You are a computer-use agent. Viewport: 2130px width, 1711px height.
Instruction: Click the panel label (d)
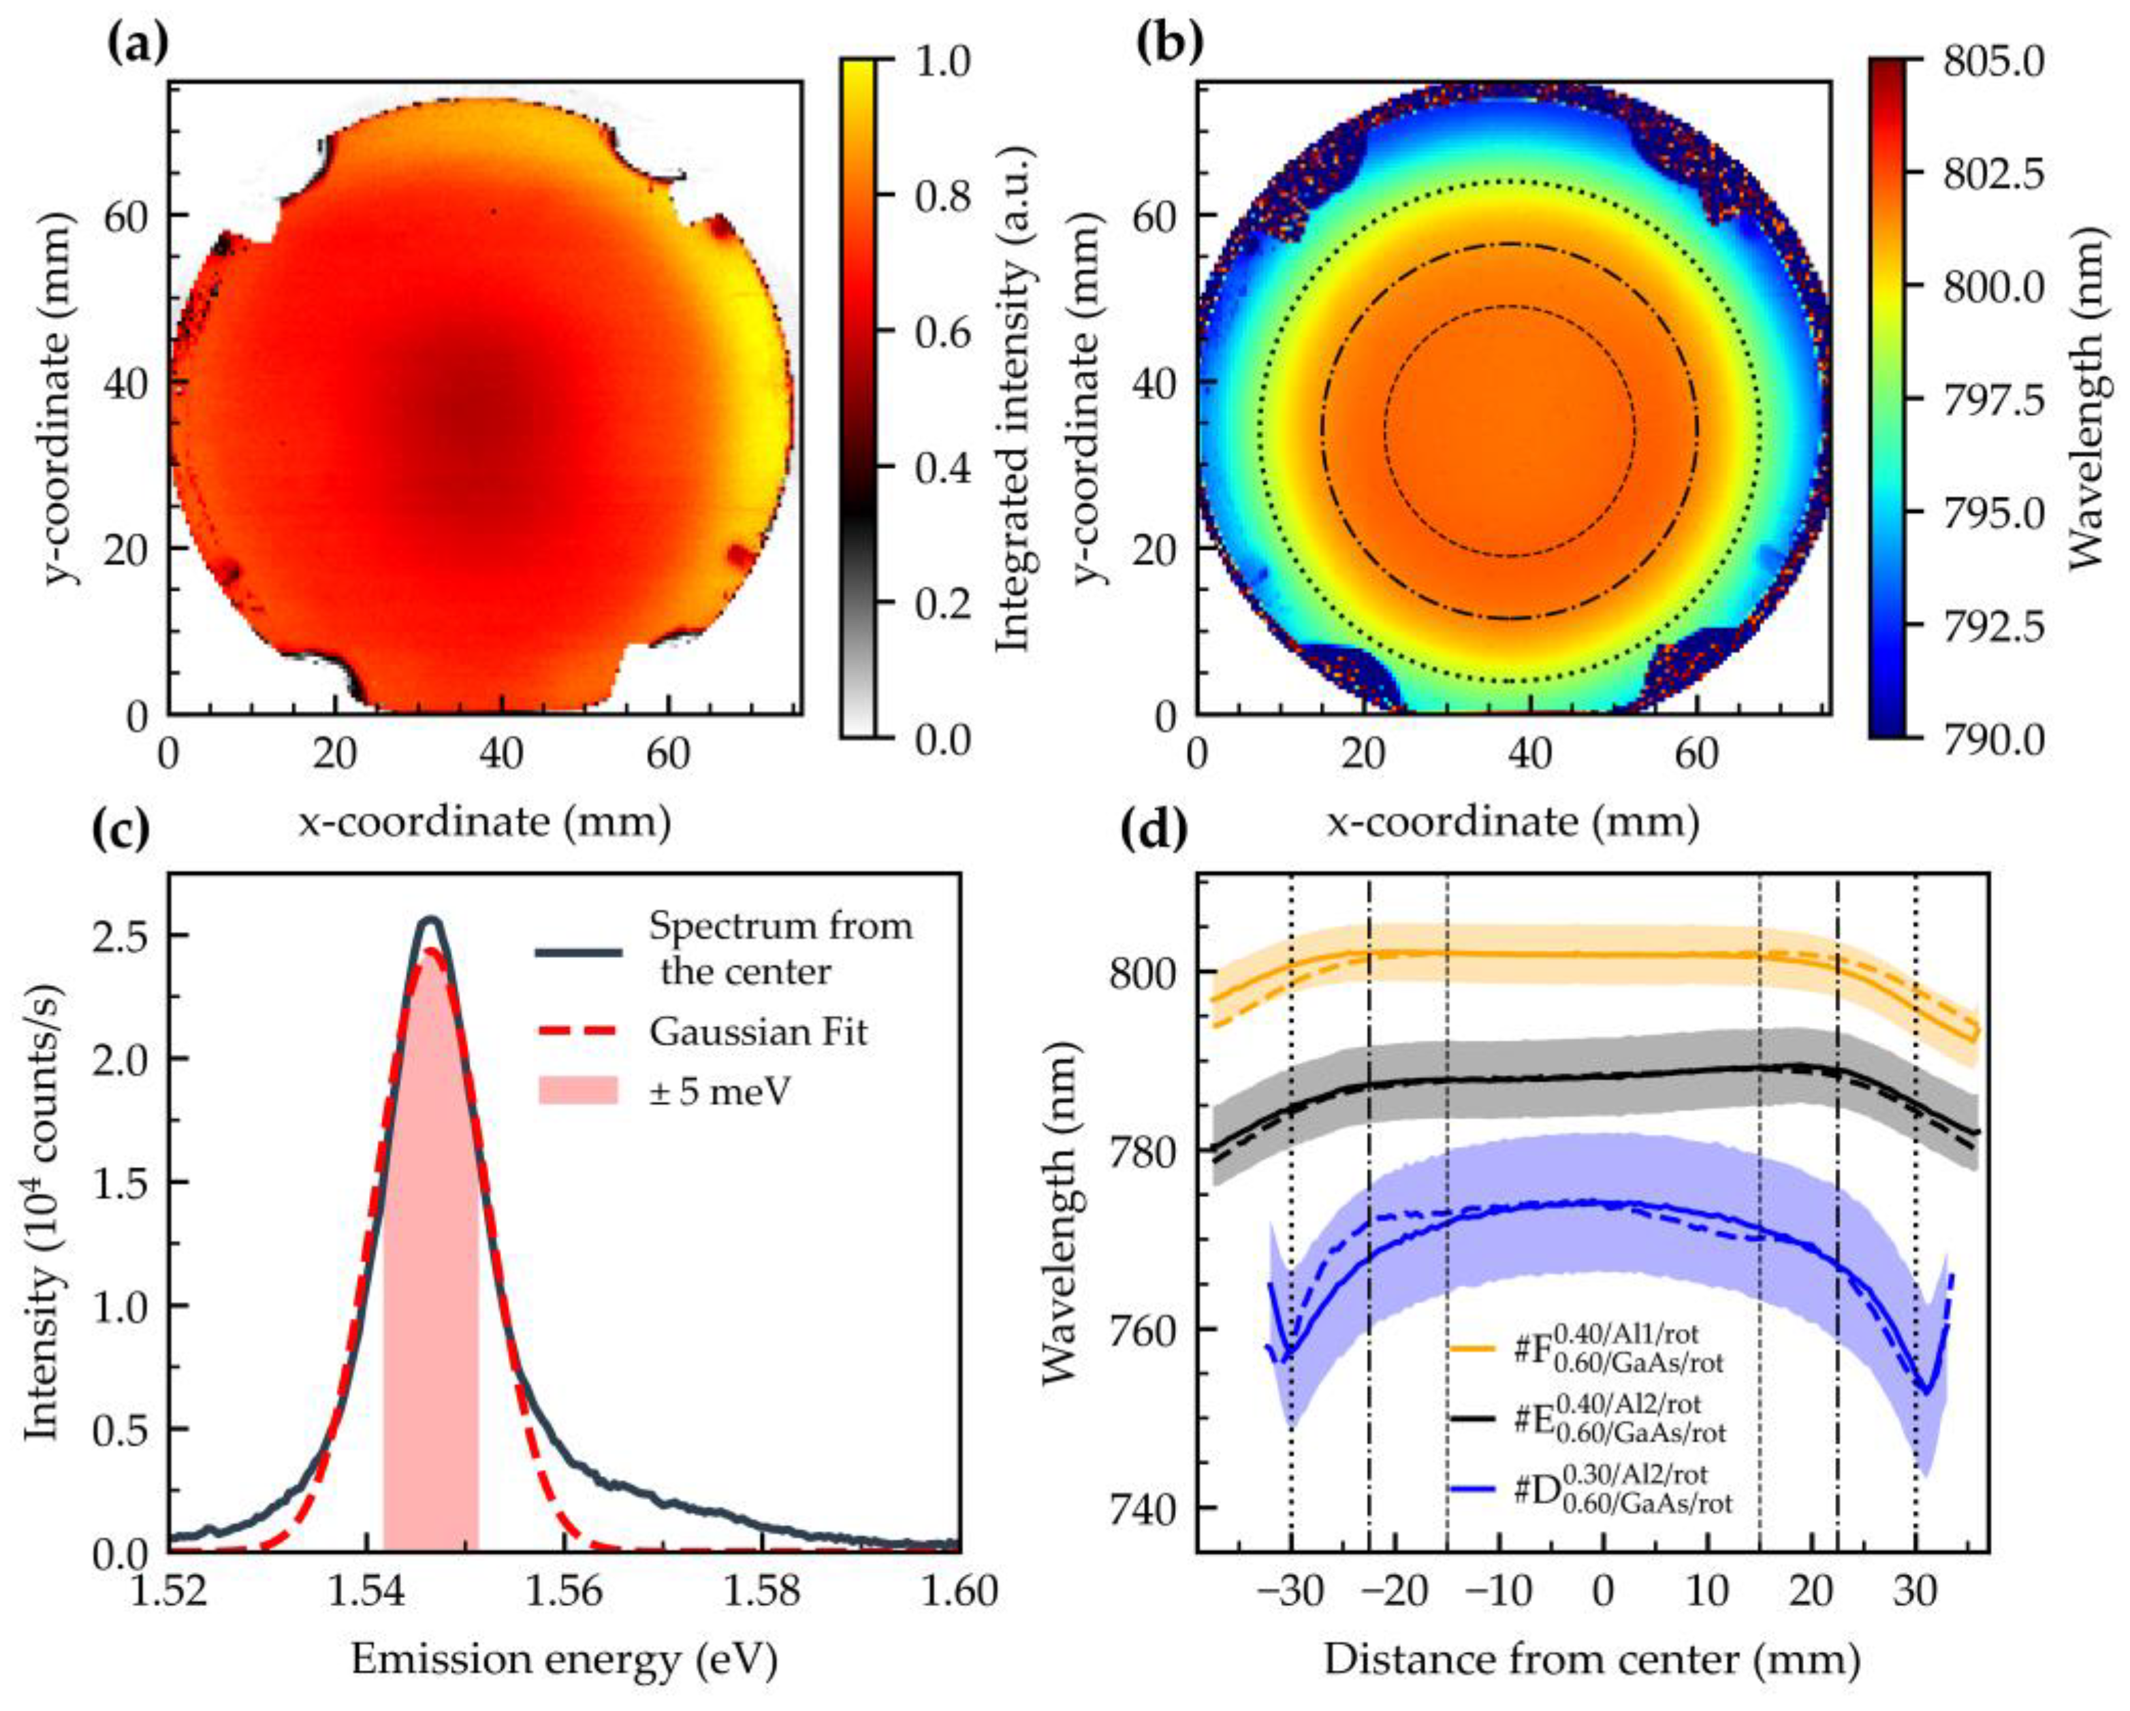pyautogui.click(x=1154, y=832)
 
